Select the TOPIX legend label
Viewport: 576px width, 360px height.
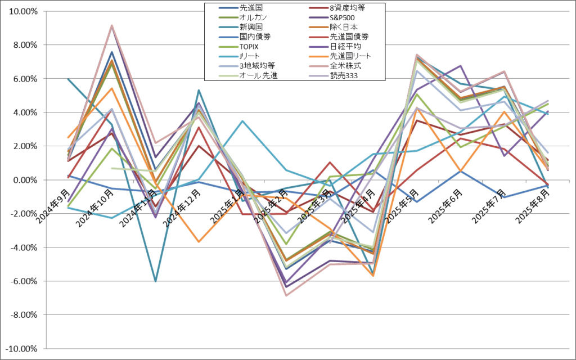(x=251, y=46)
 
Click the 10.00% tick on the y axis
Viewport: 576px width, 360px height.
(x=23, y=11)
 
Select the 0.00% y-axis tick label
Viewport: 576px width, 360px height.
(x=25, y=180)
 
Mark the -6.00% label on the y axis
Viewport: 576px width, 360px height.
(x=23, y=281)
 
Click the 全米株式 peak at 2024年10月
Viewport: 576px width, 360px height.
(x=112, y=25)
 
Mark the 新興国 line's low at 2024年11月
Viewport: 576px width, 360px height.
(x=155, y=281)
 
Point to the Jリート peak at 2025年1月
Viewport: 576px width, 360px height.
(x=243, y=121)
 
